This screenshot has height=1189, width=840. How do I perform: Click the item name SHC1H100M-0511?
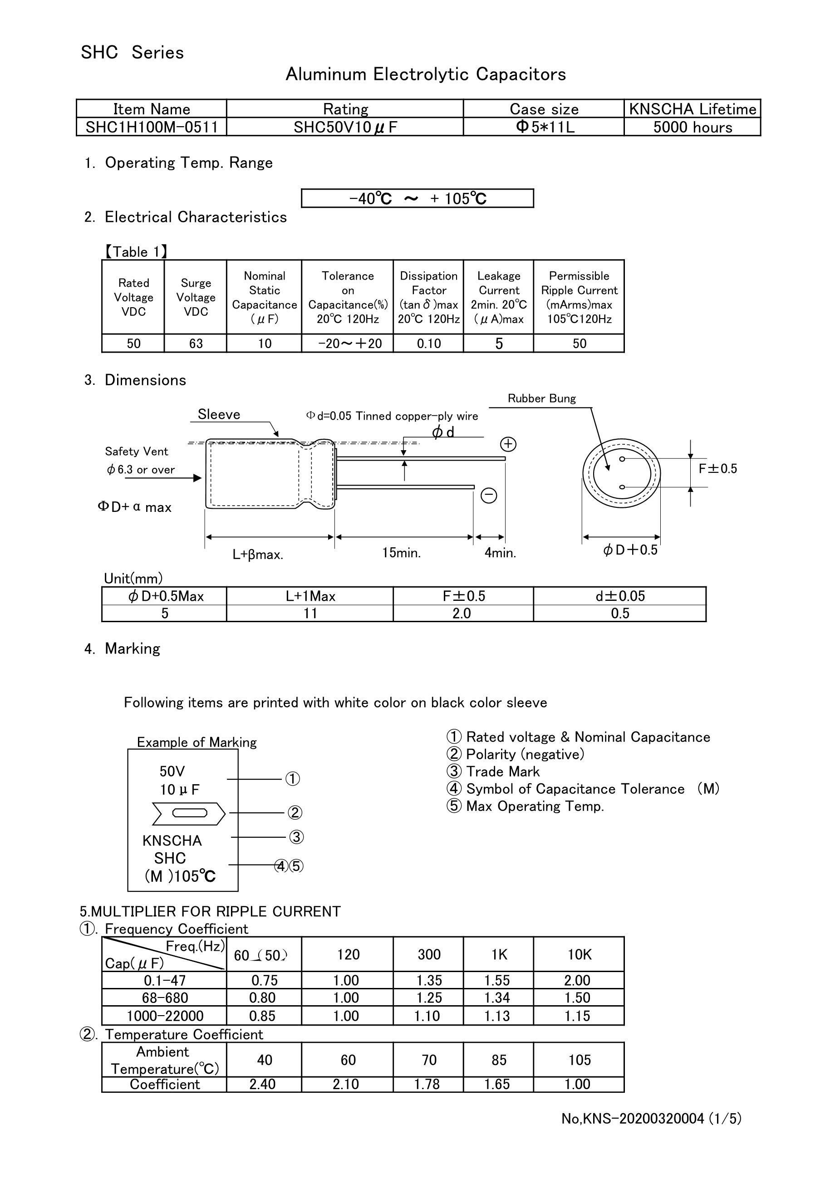tap(151, 128)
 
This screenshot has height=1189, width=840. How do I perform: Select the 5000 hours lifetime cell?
tap(693, 128)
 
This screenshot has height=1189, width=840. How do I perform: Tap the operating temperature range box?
tap(417, 198)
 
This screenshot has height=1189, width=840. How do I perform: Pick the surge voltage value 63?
tap(195, 344)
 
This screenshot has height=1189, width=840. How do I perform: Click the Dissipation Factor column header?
tap(428, 297)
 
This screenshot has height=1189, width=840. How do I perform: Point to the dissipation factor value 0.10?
tap(428, 344)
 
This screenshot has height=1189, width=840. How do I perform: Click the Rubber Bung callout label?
tap(541, 398)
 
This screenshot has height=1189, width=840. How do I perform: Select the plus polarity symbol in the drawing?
tap(508, 444)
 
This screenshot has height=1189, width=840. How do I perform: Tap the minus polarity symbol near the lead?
tap(489, 496)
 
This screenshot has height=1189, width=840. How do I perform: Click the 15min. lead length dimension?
tap(401, 553)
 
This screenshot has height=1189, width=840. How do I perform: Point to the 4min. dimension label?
tap(500, 553)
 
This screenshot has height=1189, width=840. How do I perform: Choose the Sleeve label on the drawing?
tap(219, 414)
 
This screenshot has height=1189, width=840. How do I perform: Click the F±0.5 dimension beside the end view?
tap(717, 469)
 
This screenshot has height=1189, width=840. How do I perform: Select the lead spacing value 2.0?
tap(462, 613)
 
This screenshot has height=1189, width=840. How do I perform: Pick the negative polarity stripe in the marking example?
tap(189, 814)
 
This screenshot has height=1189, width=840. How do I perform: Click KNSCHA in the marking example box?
tap(172, 840)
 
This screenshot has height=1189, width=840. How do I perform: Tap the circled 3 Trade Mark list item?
tap(492, 771)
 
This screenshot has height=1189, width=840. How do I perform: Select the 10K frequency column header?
tap(579, 954)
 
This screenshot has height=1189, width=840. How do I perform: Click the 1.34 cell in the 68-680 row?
tap(497, 997)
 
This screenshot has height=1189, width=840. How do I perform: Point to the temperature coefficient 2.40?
tap(263, 1084)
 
